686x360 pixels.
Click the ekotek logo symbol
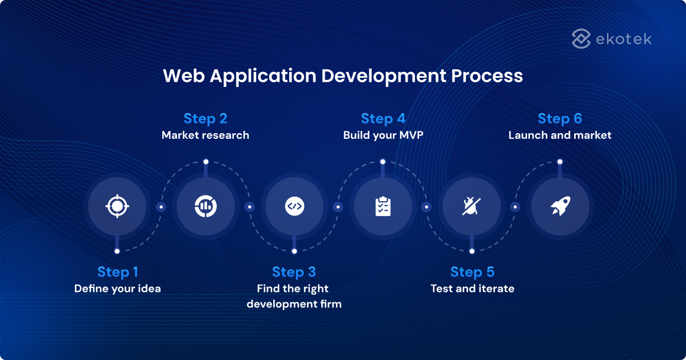click(581, 39)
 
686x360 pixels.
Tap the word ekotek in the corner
click(623, 39)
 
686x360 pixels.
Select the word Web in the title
click(183, 76)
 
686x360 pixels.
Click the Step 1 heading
click(118, 271)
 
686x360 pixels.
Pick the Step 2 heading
click(205, 118)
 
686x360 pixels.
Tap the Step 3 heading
click(294, 271)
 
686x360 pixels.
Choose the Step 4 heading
click(383, 118)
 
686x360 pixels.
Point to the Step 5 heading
click(472, 271)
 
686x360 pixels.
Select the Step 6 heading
click(560, 118)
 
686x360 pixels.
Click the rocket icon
click(560, 206)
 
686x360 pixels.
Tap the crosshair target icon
click(118, 206)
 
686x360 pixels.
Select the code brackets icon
click(294, 206)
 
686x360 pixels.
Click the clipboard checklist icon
click(383, 206)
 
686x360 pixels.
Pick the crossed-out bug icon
click(472, 206)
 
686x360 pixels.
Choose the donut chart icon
click(206, 206)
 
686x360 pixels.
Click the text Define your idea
click(118, 289)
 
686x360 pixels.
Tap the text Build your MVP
click(383, 135)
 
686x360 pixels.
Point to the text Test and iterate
click(472, 289)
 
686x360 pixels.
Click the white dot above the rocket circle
click(560, 162)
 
